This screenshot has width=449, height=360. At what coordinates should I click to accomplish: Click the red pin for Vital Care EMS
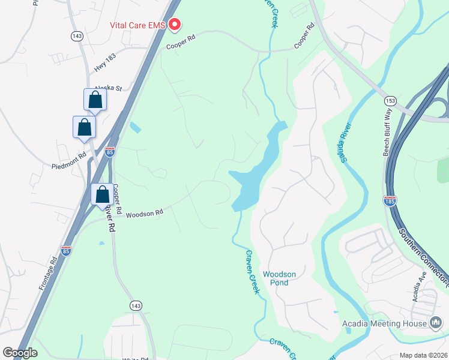pyautogui.click(x=175, y=25)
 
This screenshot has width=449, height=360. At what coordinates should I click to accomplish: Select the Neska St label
pyautogui.click(x=108, y=88)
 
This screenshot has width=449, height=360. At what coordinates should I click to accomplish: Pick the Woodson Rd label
pyautogui.click(x=144, y=213)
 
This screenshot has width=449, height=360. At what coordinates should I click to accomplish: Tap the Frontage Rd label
pyautogui.click(x=48, y=274)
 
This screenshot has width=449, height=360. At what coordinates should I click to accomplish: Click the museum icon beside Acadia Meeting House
pyautogui.click(x=436, y=323)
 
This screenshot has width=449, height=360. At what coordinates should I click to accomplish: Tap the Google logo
pyautogui.click(x=20, y=353)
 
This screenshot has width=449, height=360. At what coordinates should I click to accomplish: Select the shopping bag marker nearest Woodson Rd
pyautogui.click(x=102, y=194)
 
